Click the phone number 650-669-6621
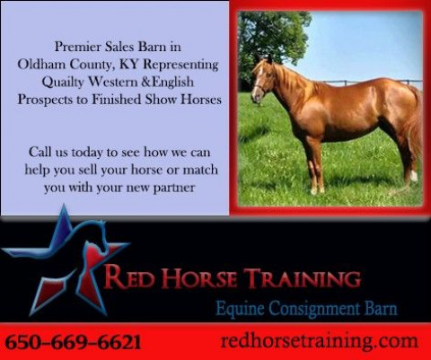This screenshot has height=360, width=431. pyautogui.click(x=73, y=342)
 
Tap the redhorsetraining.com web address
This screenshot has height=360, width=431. pyautogui.click(x=320, y=341)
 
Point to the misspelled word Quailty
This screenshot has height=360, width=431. pyautogui.click(x=63, y=82)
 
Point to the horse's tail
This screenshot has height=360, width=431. pyautogui.click(x=415, y=126)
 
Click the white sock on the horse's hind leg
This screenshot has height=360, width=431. pyautogui.click(x=414, y=176)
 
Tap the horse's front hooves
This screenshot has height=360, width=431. pyautogui.click(x=317, y=190)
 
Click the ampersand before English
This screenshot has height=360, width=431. pyautogui.click(x=146, y=82)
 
